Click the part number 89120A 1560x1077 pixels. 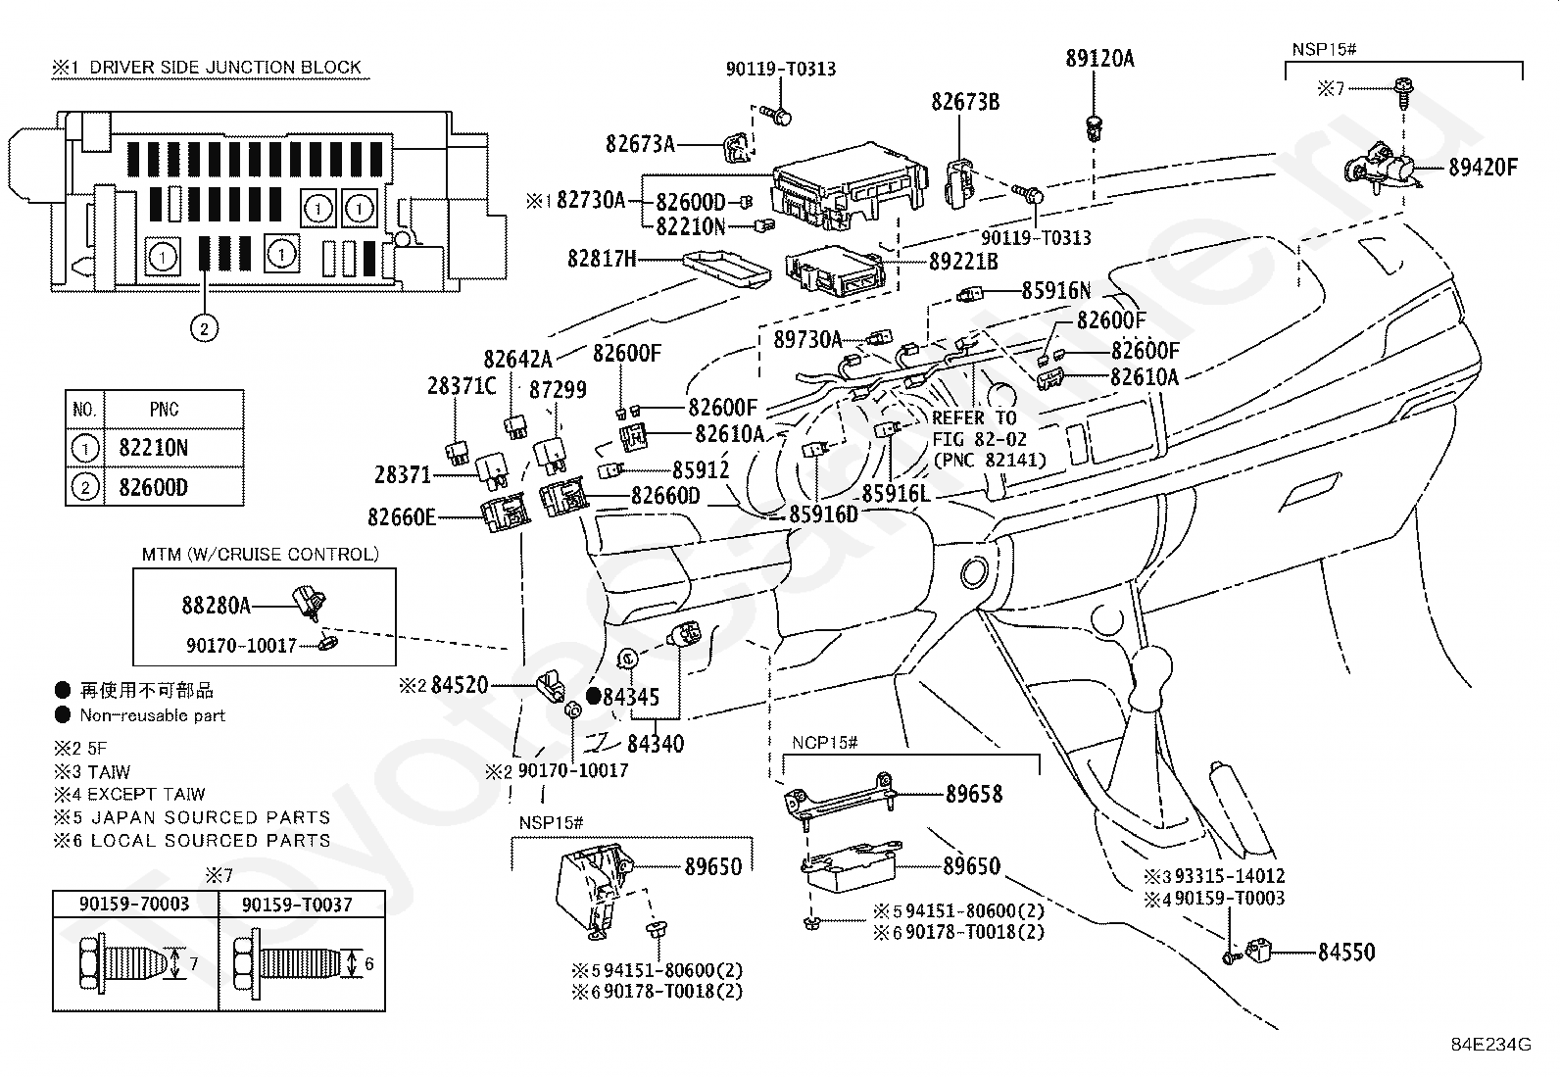pos(1099,59)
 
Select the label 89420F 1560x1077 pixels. pos(1483,168)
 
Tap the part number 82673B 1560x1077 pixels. pos(965,102)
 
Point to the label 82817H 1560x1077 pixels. pos(603,259)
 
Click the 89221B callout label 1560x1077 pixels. pos(963,262)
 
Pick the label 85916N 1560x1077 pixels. pos(1056,290)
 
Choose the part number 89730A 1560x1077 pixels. pos(807,340)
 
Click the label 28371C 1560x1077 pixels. pos(462,386)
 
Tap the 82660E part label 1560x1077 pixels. pos(402,517)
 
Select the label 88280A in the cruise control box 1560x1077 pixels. pos(216,606)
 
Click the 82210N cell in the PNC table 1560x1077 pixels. pos(153,448)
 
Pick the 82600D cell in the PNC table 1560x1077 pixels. pos(153,488)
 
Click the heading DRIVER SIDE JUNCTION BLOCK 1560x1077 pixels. pos(225,68)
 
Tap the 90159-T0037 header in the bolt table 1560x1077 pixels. pos(297,905)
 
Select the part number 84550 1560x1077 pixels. pos(1346,953)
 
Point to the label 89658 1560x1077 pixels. pos(974,794)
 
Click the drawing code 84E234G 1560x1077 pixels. pos(1491,1045)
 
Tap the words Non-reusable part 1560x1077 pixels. pos(153,715)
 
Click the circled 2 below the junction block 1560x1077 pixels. pos(204,328)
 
